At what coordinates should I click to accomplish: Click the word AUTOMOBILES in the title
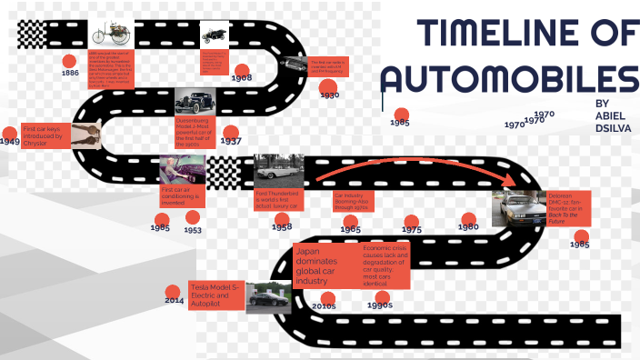[x=510, y=80]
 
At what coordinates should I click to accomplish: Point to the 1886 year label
[x=70, y=73]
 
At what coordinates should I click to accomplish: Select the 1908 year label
[x=242, y=78]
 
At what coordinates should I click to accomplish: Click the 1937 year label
[x=230, y=141]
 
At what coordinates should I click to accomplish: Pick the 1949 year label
[x=10, y=141]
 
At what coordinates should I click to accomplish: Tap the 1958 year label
[x=282, y=226]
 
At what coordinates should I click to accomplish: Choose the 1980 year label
[x=468, y=226]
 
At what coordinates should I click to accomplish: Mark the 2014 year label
[x=174, y=299]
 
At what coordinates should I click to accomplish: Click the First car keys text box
[x=45, y=136]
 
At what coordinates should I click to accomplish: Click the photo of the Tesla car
[x=269, y=296]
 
